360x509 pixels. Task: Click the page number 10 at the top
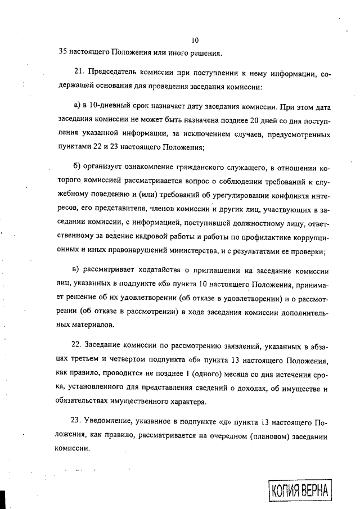(x=195, y=40)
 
